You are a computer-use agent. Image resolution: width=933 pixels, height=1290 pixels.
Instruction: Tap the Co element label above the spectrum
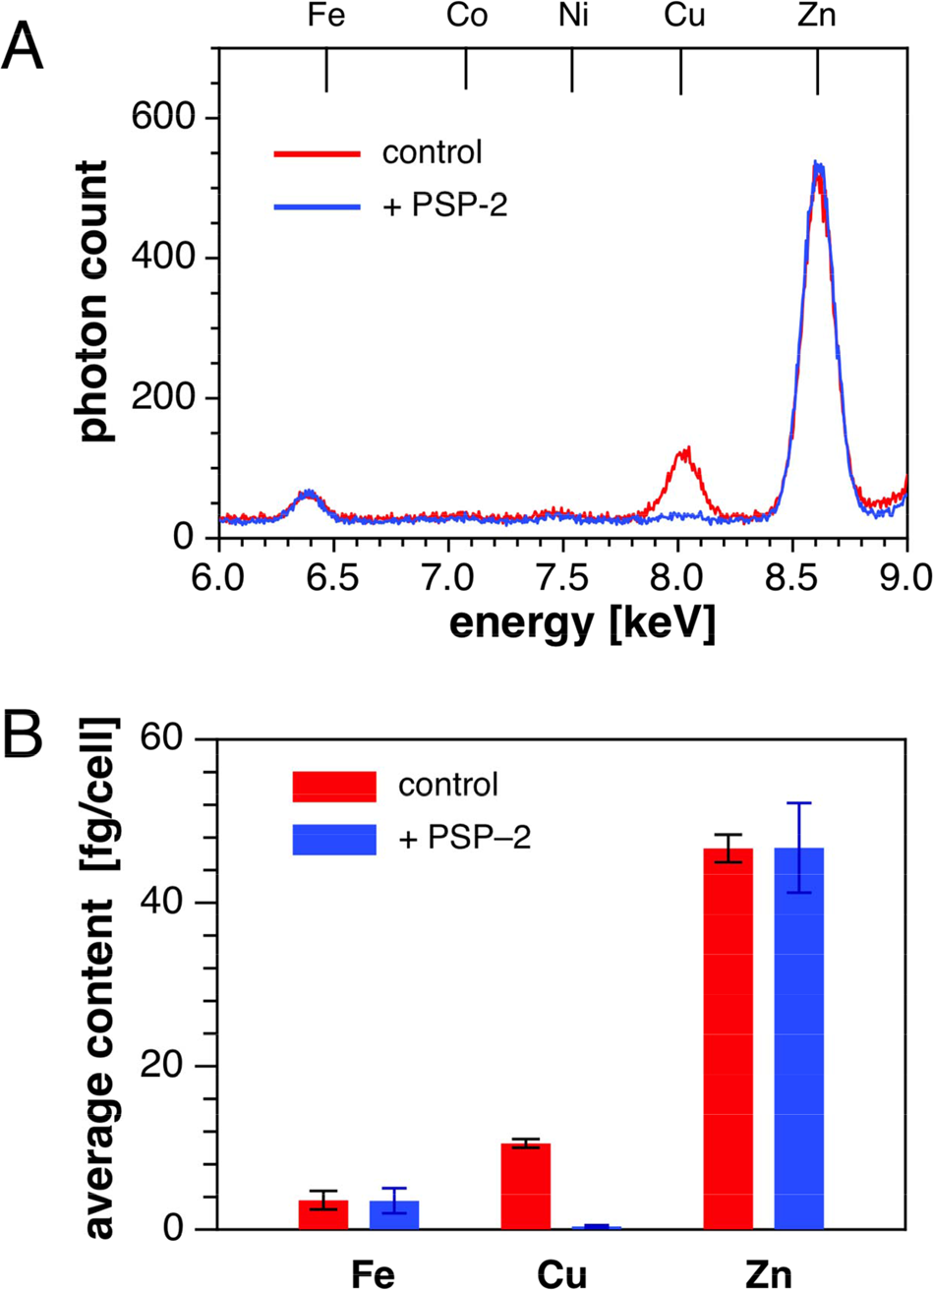(x=465, y=18)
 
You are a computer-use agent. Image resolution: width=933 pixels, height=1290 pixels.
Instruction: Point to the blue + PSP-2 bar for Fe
(x=394, y=1214)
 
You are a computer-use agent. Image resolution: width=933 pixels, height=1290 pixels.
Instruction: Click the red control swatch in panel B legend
(x=334, y=786)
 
